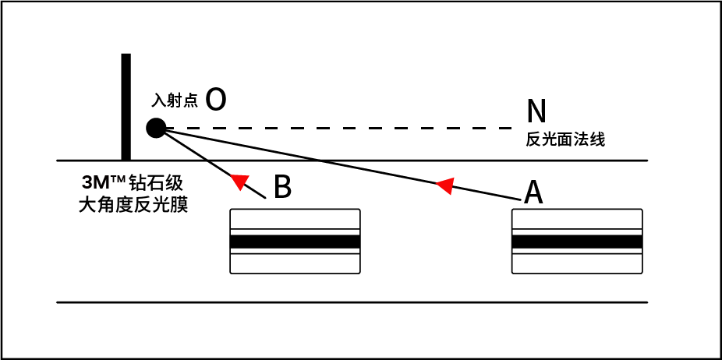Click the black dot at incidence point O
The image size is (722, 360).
pyautogui.click(x=156, y=128)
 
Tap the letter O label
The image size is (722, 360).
pyautogui.click(x=217, y=99)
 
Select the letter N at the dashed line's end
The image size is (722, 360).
pyautogui.click(x=536, y=112)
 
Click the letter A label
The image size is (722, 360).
pyautogui.click(x=533, y=192)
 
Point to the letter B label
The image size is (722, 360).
pyautogui.click(x=283, y=187)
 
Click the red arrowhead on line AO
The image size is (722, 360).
pyautogui.click(x=444, y=185)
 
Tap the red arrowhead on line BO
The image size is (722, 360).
pyautogui.click(x=240, y=182)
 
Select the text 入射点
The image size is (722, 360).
pyautogui.click(x=175, y=101)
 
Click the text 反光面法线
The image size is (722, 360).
pyautogui.click(x=566, y=140)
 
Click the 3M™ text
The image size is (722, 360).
pyautogui.click(x=104, y=184)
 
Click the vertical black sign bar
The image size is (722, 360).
pyautogui.click(x=126, y=107)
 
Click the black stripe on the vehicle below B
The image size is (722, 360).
pyautogui.click(x=295, y=242)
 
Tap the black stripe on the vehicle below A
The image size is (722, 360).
pyautogui.click(x=577, y=242)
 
